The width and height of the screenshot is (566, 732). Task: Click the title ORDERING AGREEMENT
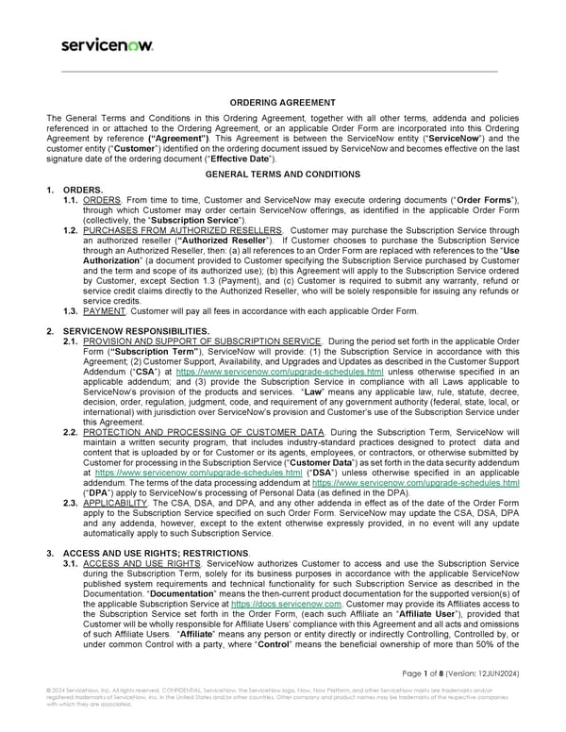point(282,102)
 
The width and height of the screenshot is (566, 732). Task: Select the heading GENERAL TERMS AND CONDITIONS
point(282,175)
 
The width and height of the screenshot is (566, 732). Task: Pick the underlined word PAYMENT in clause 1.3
point(103,310)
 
